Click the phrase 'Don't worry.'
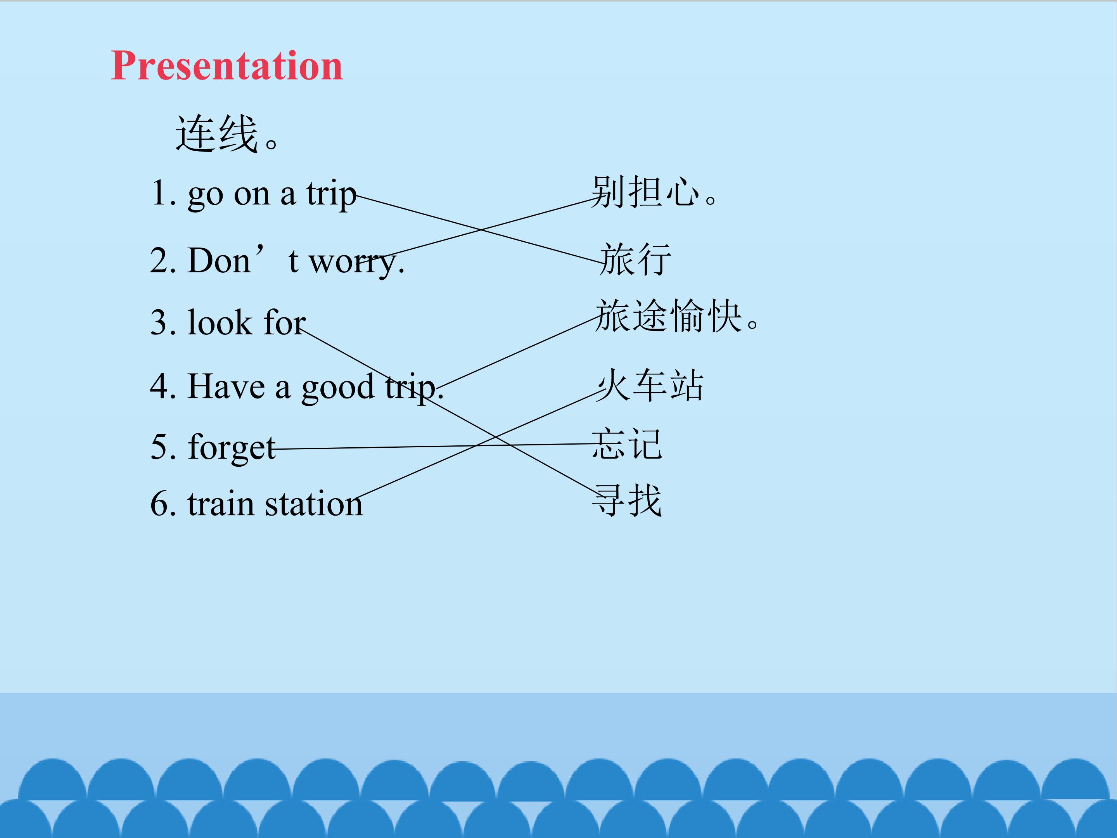[x=296, y=261]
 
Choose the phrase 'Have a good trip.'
[x=316, y=387]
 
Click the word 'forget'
[x=232, y=448]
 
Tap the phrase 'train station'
[x=275, y=504]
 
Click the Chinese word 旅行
[x=635, y=259]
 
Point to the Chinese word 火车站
[x=649, y=385]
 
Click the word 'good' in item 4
[x=338, y=388]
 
